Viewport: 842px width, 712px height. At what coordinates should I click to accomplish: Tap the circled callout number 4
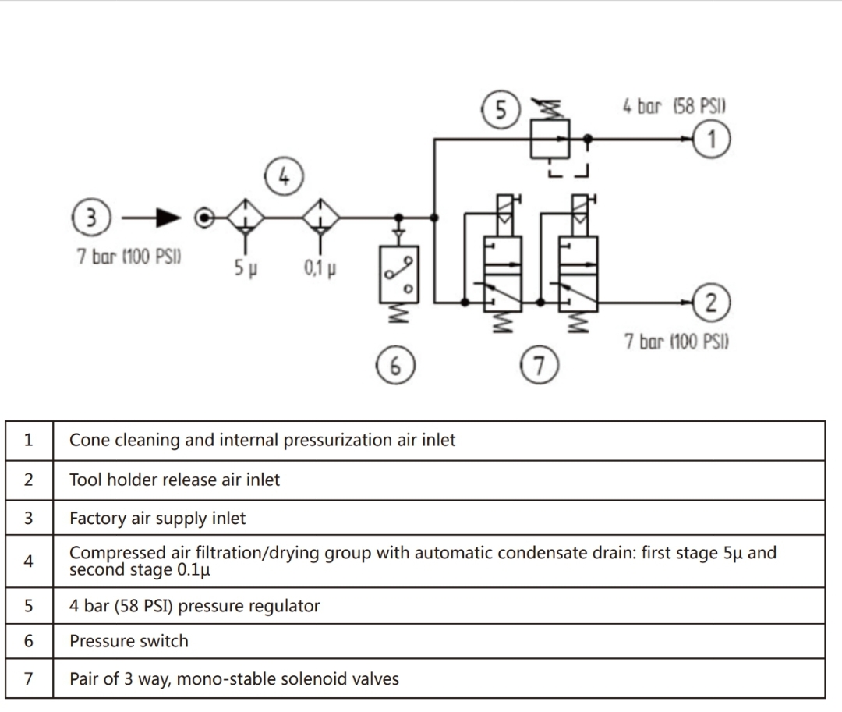pyautogui.click(x=284, y=175)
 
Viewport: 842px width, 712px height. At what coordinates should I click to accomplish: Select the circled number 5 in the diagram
pyautogui.click(x=500, y=110)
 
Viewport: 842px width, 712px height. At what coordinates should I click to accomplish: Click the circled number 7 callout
pyautogui.click(x=540, y=363)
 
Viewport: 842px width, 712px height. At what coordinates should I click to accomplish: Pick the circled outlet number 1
pyautogui.click(x=712, y=139)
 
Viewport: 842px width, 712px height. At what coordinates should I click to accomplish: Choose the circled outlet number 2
pyautogui.click(x=712, y=302)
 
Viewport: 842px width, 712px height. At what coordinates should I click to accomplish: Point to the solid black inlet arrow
pyautogui.click(x=168, y=218)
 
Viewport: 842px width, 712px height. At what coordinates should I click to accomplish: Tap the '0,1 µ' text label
pyautogui.click(x=320, y=269)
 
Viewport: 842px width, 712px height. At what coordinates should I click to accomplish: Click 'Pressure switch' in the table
pyautogui.click(x=129, y=641)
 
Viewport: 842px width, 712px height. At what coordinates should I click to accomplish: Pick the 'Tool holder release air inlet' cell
pyautogui.click(x=175, y=480)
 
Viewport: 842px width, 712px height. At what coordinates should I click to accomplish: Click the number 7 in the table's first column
pyautogui.click(x=29, y=678)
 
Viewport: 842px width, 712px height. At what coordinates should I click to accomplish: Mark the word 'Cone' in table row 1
pyautogui.click(x=87, y=440)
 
